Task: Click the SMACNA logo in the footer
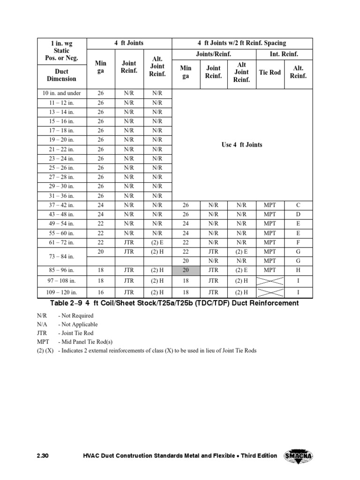(298, 456)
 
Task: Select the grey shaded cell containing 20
(186, 270)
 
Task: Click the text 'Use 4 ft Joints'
(242, 145)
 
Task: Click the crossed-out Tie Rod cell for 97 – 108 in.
(270, 281)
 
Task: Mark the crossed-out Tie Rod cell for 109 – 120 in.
(270, 292)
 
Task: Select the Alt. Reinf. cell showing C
(298, 205)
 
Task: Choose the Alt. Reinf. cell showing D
(298, 214)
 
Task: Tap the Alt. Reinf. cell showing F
(298, 242)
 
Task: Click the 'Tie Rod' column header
(270, 72)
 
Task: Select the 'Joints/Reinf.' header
(214, 54)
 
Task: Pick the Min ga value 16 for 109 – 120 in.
(101, 292)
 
